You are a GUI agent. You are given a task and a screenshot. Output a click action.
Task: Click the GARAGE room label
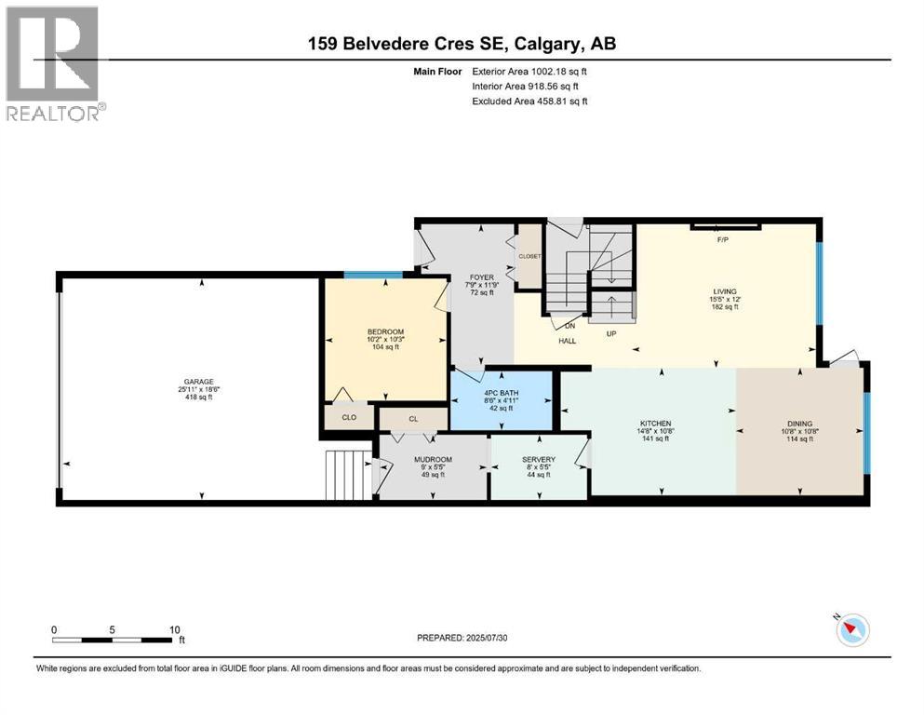tap(197, 381)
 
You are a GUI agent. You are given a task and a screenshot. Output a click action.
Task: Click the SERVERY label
tap(539, 459)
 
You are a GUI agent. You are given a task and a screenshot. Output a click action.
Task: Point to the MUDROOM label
tap(433, 459)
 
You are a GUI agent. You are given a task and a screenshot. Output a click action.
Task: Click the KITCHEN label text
tap(655, 424)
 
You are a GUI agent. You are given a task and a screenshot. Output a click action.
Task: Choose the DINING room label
tap(799, 424)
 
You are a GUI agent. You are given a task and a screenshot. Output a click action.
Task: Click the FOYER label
tap(481, 277)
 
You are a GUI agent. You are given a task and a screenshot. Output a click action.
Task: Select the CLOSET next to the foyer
tap(529, 255)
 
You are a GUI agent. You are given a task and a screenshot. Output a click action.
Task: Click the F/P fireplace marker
tap(721, 239)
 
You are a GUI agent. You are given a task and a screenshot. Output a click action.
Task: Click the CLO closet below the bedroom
tap(349, 417)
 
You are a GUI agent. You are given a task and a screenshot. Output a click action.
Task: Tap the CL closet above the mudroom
tap(413, 419)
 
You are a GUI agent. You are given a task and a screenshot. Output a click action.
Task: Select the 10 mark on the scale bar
tap(175, 629)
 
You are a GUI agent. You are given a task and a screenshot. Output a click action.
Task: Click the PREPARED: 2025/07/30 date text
tap(462, 638)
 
